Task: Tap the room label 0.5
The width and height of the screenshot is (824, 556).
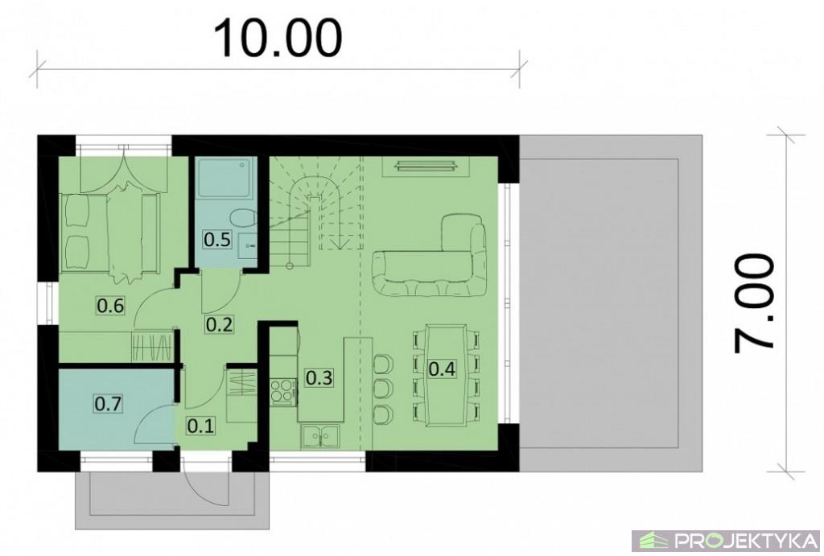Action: [x=217, y=239]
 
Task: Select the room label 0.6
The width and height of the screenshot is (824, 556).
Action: [x=110, y=305]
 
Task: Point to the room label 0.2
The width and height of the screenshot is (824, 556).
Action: [x=219, y=324]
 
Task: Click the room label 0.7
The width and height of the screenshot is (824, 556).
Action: [x=109, y=404]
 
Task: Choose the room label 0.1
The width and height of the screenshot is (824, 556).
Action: [x=200, y=425]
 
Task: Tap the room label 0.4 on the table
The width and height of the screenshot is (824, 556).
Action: [x=442, y=369]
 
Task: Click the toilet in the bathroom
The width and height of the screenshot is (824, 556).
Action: [x=243, y=217]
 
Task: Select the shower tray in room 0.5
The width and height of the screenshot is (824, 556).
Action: [x=226, y=176]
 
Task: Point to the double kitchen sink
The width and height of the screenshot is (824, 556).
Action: [x=320, y=437]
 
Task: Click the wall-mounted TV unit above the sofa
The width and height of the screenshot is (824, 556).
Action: [x=426, y=166]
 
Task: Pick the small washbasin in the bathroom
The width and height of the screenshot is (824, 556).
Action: [x=248, y=245]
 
